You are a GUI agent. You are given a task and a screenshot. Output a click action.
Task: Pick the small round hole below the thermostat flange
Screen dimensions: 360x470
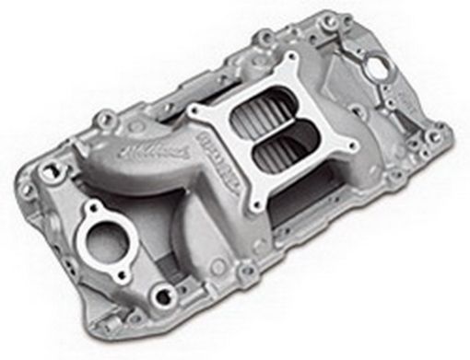point(163,296)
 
